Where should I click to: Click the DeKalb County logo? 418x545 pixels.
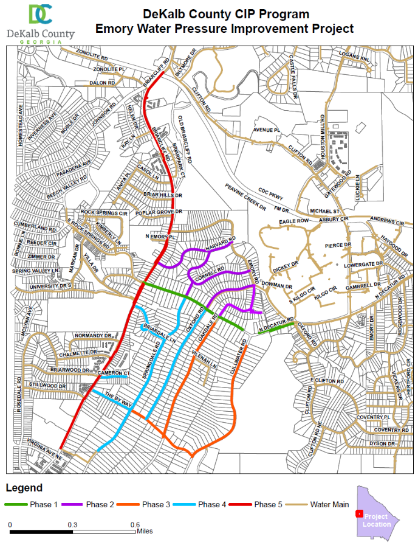coord(39,23)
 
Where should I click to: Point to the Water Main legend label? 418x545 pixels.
coord(329,504)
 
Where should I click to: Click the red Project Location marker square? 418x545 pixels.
coord(359,514)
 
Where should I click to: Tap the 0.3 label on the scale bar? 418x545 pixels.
coord(72,524)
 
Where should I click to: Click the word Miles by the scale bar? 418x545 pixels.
coord(145,531)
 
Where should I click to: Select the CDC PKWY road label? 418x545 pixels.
coord(272,196)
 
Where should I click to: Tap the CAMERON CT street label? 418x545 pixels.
coord(115,372)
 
